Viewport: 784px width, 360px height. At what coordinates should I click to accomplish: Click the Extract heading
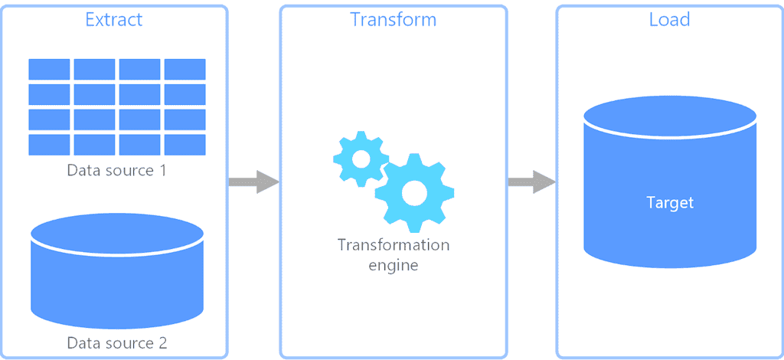tap(114, 19)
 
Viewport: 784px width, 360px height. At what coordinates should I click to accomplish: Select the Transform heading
tap(393, 19)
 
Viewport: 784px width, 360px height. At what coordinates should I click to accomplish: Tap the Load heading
tap(669, 19)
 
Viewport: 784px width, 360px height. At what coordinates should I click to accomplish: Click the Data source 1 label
tap(116, 170)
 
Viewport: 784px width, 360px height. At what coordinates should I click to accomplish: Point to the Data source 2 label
tap(116, 342)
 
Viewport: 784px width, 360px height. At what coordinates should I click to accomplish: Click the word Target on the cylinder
tap(670, 203)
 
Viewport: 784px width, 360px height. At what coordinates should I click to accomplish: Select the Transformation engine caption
tap(393, 255)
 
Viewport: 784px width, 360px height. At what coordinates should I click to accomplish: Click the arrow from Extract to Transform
tap(253, 182)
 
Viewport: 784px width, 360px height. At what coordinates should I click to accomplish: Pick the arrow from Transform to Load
tap(531, 182)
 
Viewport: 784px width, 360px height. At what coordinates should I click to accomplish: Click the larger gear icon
tap(414, 193)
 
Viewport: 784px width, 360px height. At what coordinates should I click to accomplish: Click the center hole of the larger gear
tap(414, 193)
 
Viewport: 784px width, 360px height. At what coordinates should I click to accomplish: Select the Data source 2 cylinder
tap(116, 272)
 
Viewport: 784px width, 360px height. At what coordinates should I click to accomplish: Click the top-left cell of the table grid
tap(49, 69)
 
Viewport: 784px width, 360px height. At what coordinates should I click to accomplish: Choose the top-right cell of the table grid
tap(185, 69)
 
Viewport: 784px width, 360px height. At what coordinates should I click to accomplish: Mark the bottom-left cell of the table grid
tap(49, 145)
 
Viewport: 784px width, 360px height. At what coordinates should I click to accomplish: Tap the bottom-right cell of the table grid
tap(185, 145)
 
